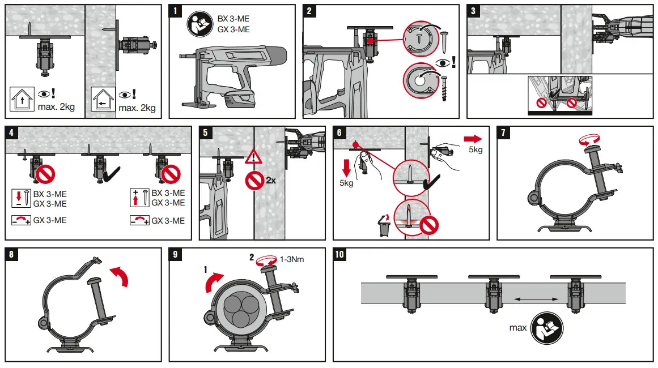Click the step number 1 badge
[x=177, y=11]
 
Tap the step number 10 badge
[x=340, y=254]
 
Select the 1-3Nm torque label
[x=294, y=259]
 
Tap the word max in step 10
[x=517, y=328]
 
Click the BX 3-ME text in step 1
[x=234, y=19]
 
